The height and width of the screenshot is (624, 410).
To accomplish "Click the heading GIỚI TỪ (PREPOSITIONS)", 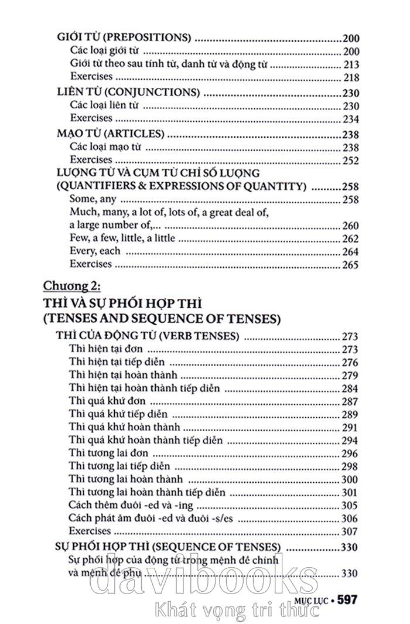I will click(125, 37).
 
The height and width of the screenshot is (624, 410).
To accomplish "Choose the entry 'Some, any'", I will click(90, 199).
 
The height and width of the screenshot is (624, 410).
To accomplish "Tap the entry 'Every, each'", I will click(95, 251).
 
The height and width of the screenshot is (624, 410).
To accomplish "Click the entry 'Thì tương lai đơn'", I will click(108, 453).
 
